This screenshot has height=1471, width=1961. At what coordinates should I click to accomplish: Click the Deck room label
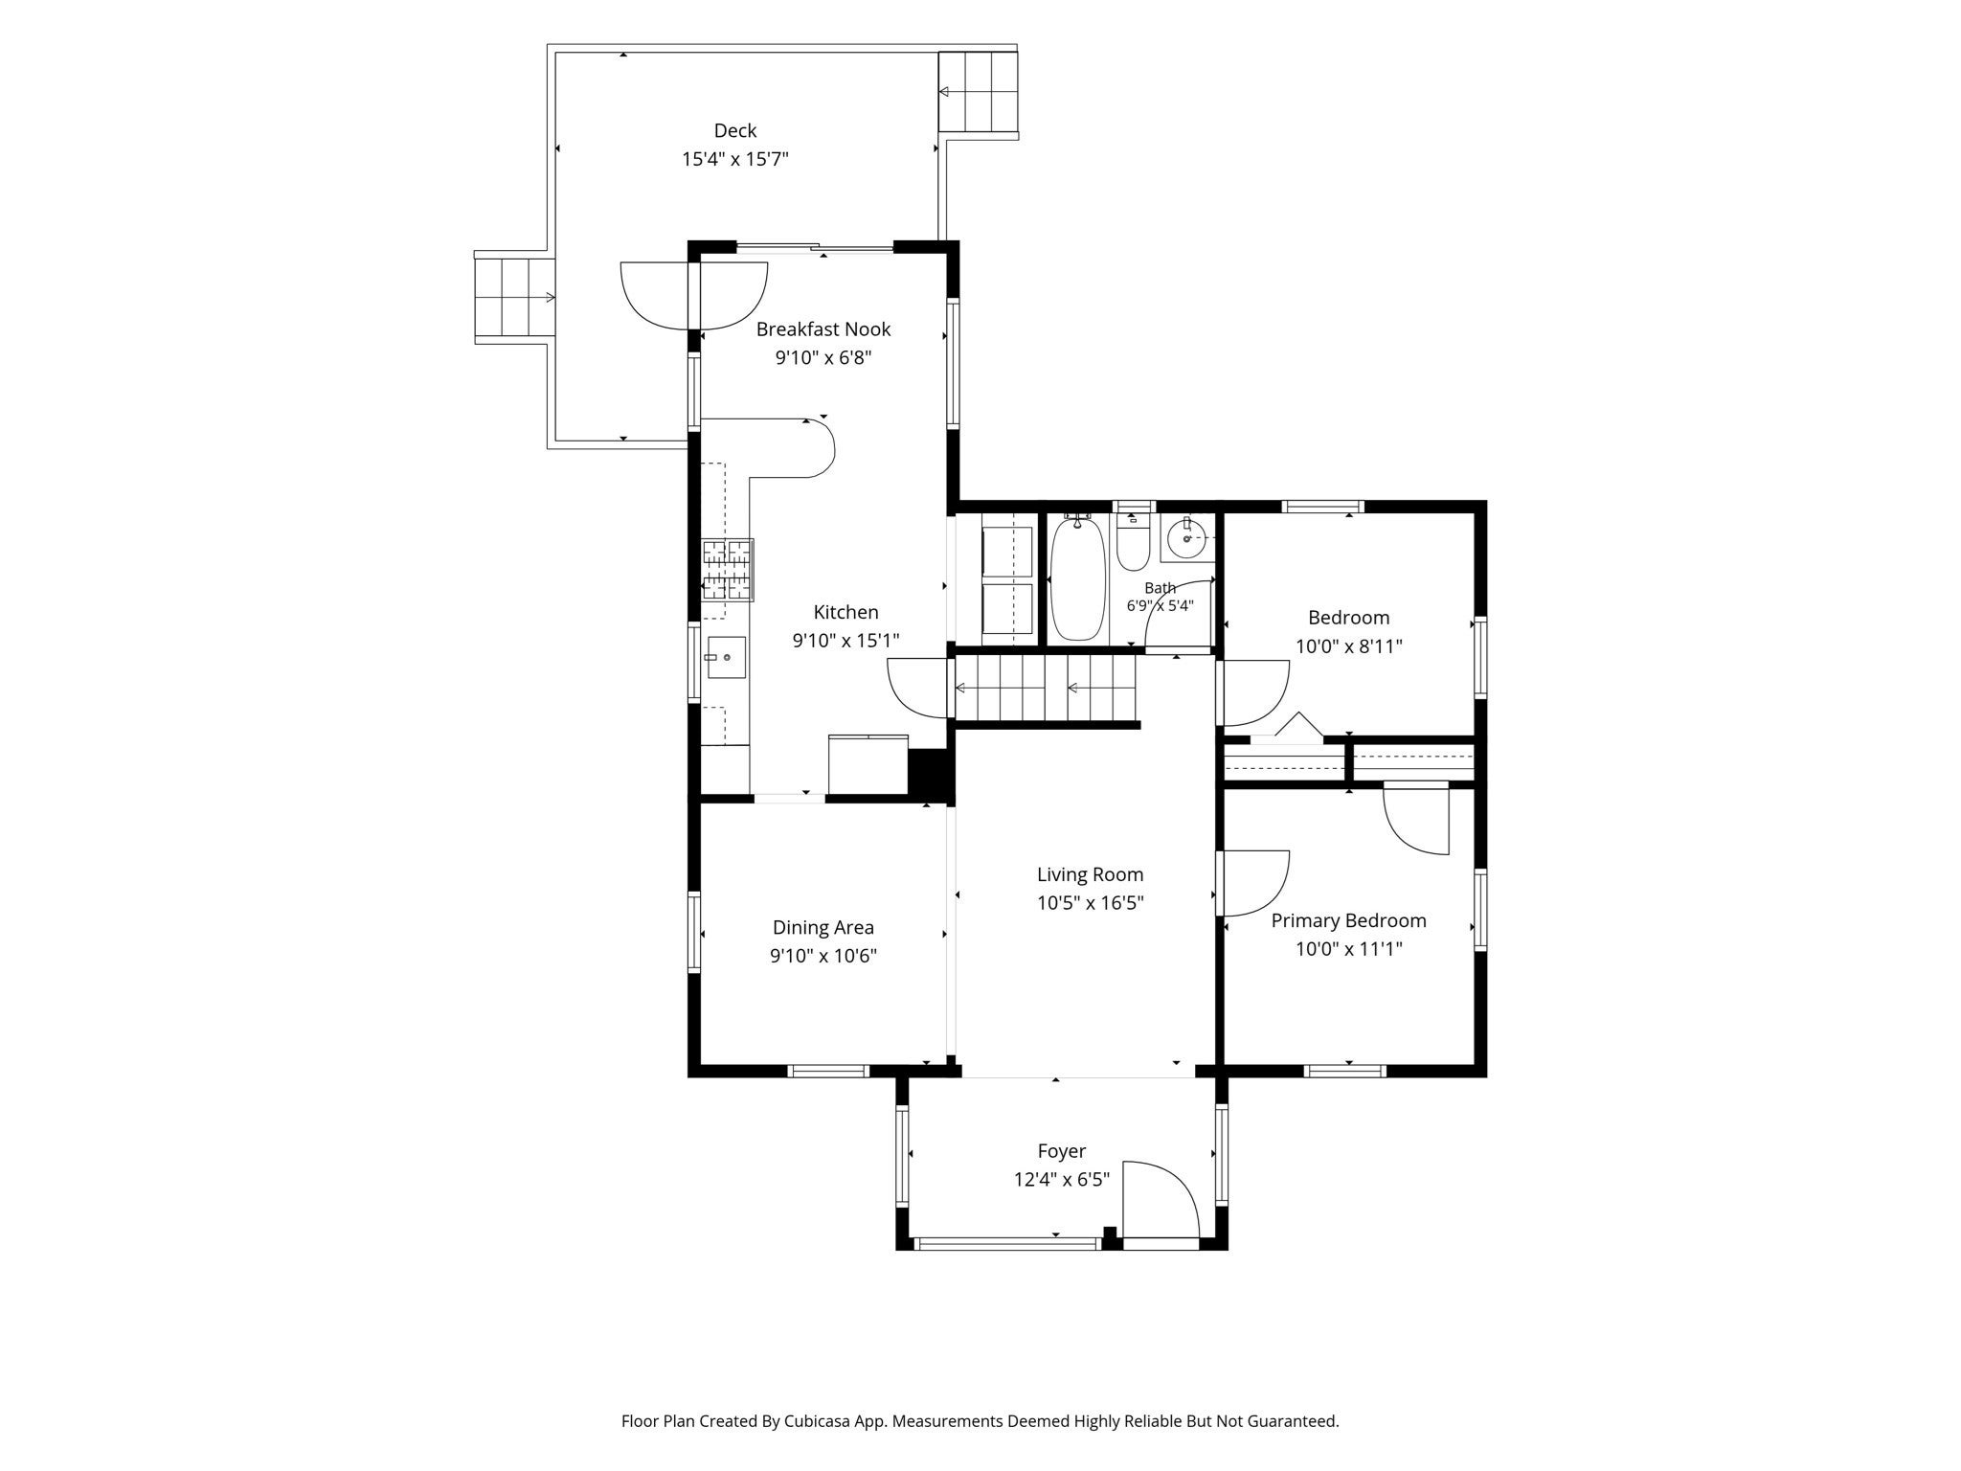735,130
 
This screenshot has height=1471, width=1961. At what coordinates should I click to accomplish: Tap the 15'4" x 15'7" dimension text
735,159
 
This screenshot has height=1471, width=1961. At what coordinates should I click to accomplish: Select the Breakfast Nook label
823,329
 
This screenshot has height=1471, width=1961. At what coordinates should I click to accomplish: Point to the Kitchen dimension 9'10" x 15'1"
846,641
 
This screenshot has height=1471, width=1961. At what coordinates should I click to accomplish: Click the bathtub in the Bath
1078,579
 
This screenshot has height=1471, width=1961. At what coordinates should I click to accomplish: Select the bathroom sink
1188,538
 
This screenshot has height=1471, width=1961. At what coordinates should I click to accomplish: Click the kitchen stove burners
728,570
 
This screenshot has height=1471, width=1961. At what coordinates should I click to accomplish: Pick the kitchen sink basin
727,657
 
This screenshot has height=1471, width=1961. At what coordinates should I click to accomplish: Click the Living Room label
1091,874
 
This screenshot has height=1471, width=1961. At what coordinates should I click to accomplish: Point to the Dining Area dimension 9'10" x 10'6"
823,956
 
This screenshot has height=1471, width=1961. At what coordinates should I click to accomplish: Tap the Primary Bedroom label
1349,920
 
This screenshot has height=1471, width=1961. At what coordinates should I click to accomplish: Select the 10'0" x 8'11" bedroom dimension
1349,646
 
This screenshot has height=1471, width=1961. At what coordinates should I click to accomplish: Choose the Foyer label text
1062,1151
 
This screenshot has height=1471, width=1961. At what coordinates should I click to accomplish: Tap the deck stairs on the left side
515,298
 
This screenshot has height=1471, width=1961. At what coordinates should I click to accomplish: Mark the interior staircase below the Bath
1045,687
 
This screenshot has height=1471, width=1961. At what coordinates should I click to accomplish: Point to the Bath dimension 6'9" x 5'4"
1161,606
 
